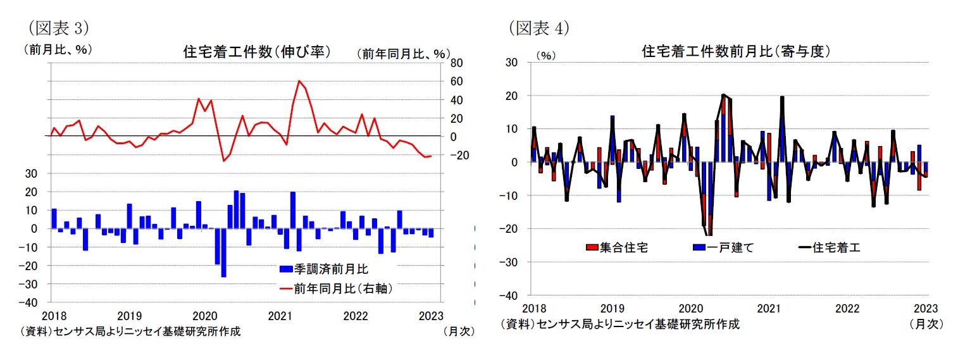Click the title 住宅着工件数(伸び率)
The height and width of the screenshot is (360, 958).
tap(256, 52)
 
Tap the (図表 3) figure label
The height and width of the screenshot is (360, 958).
tap(56, 27)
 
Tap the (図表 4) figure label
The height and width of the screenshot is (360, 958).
tap(539, 27)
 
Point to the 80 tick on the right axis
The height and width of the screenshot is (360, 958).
tap(456, 63)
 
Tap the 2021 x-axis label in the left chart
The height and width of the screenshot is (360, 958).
tap(279, 315)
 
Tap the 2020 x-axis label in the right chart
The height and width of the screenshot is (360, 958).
tap(689, 308)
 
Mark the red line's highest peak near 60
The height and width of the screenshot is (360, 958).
tap(299, 81)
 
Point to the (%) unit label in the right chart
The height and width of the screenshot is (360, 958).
tap(545, 55)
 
